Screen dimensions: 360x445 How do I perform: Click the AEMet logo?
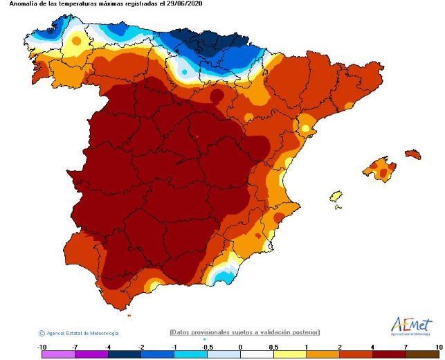click(x=412, y=326)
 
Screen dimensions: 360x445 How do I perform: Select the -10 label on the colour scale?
click(x=42, y=345)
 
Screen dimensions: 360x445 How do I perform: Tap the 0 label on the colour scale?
click(x=240, y=345)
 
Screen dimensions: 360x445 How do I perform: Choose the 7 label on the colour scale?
click(x=406, y=345)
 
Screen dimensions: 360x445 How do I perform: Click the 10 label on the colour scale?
click(x=438, y=345)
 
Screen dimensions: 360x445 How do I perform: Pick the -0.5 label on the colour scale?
click(x=207, y=345)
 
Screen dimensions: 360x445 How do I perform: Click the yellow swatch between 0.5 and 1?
click(x=289, y=354)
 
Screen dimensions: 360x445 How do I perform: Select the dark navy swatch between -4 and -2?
click(x=124, y=354)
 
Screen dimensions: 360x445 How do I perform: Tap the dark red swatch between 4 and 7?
click(x=389, y=354)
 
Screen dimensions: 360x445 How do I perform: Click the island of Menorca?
click(x=412, y=153)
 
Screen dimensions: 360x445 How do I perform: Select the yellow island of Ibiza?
click(x=336, y=197)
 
